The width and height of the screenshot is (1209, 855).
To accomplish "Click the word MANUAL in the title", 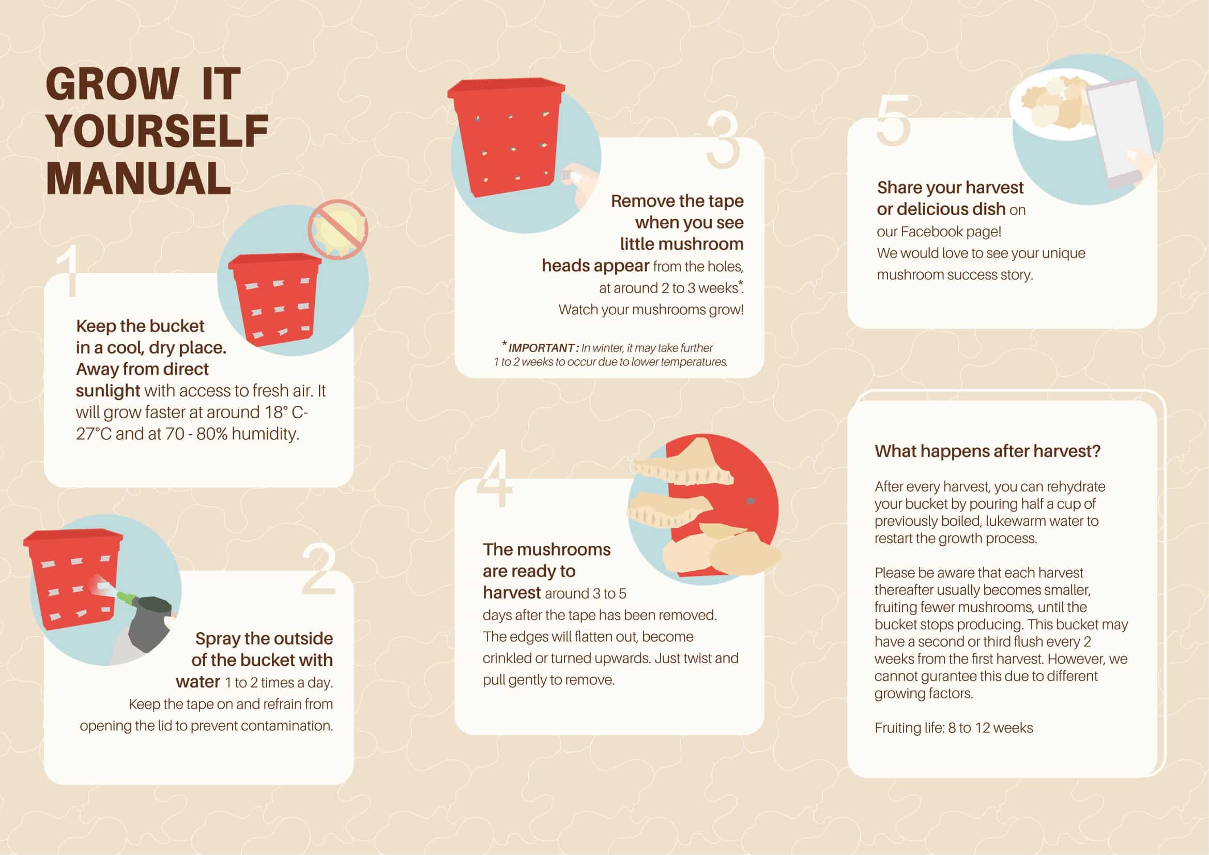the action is (139, 178).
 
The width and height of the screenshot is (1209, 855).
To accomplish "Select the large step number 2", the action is (319, 570).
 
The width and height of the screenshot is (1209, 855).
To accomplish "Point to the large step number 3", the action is (723, 142).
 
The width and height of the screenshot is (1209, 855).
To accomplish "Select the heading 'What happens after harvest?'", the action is (987, 451).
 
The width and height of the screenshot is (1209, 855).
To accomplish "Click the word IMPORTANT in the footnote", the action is (541, 348).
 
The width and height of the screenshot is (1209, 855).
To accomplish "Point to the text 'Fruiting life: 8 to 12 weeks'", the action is (954, 728).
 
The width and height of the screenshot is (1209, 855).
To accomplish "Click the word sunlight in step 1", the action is (108, 391).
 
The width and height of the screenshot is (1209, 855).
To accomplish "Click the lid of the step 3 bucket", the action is (506, 90).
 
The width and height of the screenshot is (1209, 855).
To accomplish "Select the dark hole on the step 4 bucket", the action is (751, 501).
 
